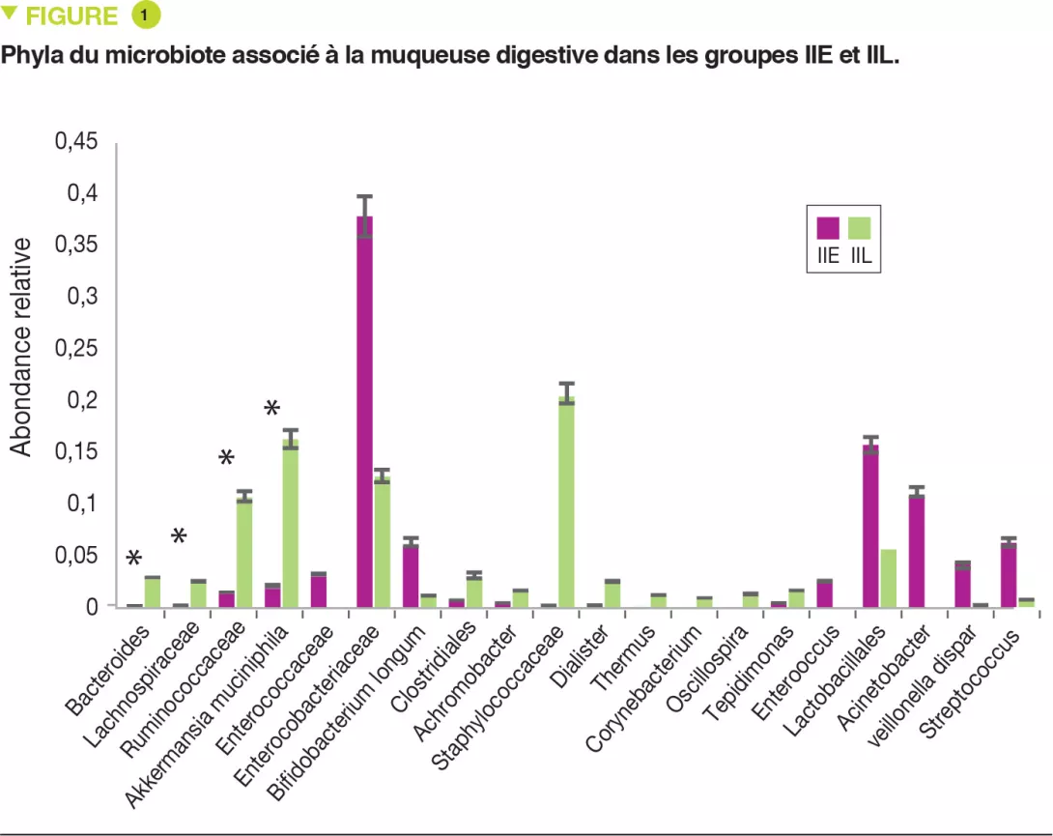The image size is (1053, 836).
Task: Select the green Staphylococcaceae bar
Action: click(x=567, y=502)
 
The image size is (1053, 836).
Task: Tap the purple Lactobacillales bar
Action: click(x=869, y=526)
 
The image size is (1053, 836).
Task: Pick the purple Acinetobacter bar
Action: click(x=916, y=551)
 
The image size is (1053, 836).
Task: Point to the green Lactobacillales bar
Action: click(x=888, y=577)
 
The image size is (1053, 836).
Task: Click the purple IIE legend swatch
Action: click(x=828, y=228)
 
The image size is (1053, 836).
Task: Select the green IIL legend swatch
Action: click(x=859, y=228)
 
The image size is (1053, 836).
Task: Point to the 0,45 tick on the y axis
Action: click(x=73, y=143)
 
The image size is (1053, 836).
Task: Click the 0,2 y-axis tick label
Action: click(x=80, y=400)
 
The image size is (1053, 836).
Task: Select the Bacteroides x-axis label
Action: click(x=109, y=672)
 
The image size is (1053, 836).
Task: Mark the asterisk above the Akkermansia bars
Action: click(x=272, y=409)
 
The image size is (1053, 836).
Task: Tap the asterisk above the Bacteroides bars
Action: click(x=134, y=559)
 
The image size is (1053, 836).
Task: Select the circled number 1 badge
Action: click(x=144, y=15)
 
